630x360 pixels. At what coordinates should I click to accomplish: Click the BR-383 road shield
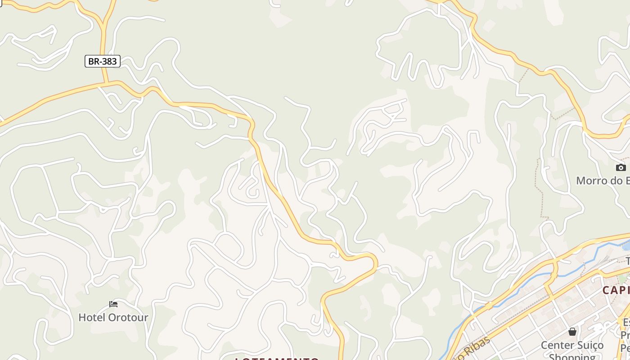tap(103, 61)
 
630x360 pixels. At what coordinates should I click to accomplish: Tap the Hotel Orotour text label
tap(113, 317)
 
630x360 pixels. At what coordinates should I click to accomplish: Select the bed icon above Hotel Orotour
tap(113, 305)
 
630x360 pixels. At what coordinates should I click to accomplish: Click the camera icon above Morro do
tap(621, 167)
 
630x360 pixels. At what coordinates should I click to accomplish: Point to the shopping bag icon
tap(572, 332)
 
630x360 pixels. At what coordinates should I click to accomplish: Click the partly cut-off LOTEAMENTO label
tap(277, 359)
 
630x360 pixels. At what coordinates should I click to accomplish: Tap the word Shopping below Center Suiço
tap(572, 356)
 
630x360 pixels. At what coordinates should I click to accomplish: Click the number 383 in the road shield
tap(108, 61)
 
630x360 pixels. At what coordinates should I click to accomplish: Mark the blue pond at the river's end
tap(625, 246)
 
